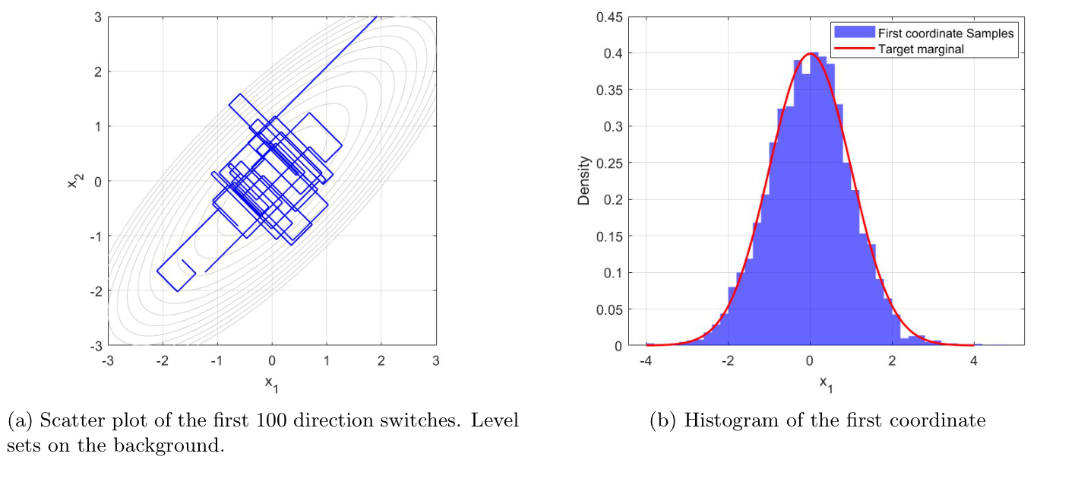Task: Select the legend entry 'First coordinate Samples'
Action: (x=945, y=33)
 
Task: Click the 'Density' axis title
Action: (x=583, y=181)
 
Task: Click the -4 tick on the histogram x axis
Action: (x=646, y=360)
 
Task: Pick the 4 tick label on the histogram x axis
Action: (x=974, y=360)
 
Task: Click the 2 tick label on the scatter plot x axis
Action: (x=381, y=360)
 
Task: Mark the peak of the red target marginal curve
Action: (x=810, y=54)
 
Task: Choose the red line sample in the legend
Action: (x=854, y=49)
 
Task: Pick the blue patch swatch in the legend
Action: (x=854, y=33)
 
